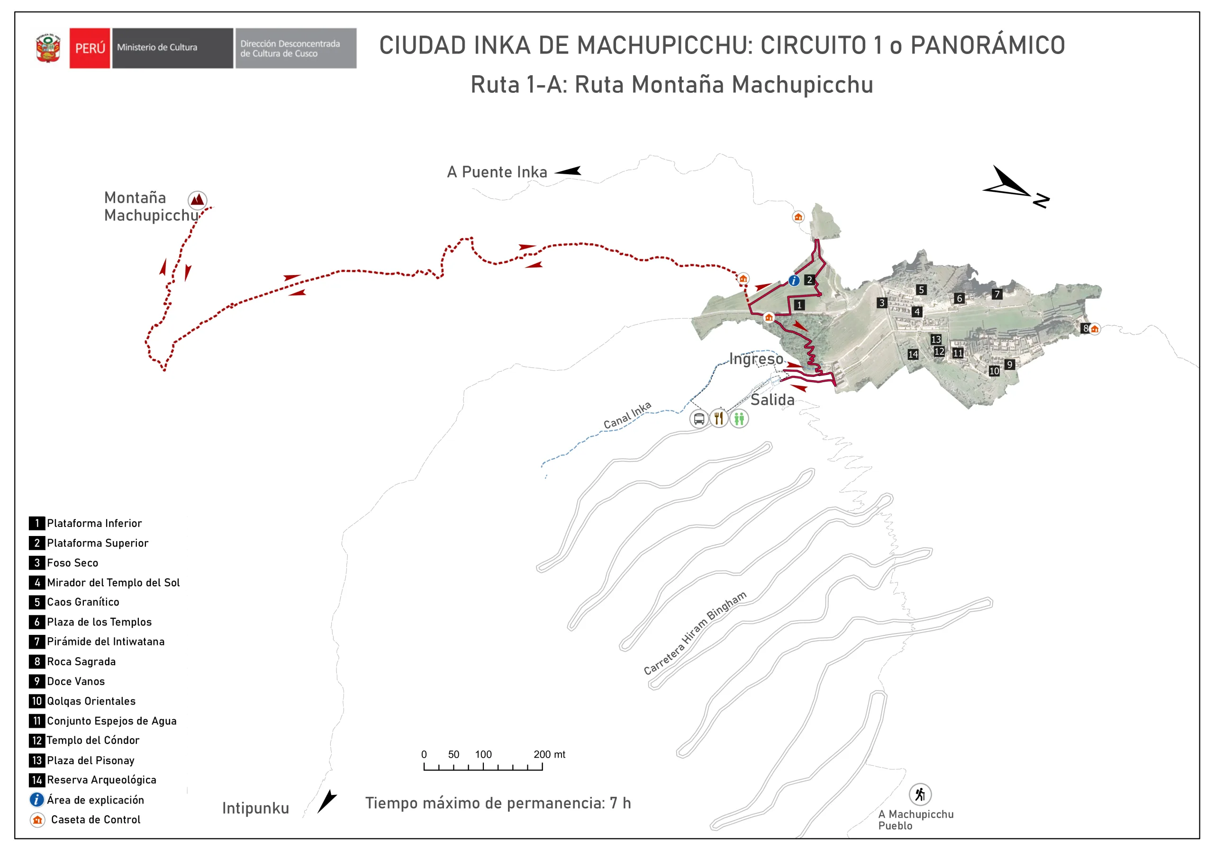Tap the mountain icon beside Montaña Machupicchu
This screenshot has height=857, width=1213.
[197, 200]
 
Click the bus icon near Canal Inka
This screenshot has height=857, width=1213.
[698, 419]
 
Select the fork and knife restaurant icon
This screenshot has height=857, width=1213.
[718, 419]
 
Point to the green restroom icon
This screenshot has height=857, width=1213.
[739, 419]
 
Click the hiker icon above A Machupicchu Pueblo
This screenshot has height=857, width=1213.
[920, 794]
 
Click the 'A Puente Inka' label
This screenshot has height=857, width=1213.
[497, 172]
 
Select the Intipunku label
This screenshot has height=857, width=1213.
[255, 808]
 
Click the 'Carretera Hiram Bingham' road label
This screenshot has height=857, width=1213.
[695, 633]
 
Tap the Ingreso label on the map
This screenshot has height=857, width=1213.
[756, 359]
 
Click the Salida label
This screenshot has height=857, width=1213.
[772, 400]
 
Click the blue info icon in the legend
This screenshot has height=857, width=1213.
[36, 799]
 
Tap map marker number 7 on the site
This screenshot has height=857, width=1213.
[996, 294]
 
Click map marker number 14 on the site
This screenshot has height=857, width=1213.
[913, 354]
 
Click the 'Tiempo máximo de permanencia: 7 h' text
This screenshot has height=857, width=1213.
[498, 803]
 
